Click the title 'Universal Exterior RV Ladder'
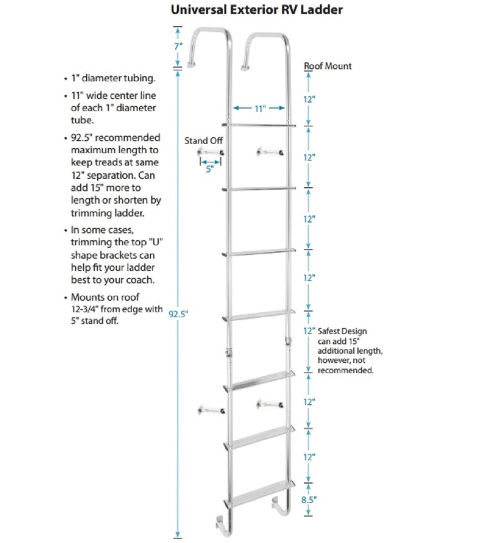[256, 10]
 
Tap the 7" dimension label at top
[178, 46]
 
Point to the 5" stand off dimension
[210, 169]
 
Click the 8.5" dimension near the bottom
[309, 499]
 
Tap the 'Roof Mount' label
[328, 66]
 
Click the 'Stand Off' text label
[203, 141]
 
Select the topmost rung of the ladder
[259, 125]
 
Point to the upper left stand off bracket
[211, 152]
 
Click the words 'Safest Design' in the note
[342, 331]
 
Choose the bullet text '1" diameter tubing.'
[113, 78]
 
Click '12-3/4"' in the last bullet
[85, 309]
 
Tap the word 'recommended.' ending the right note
[345, 370]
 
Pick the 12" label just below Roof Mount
[309, 99]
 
